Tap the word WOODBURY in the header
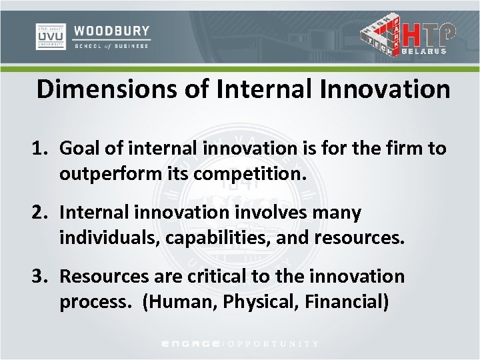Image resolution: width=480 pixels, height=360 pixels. click(x=112, y=31)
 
